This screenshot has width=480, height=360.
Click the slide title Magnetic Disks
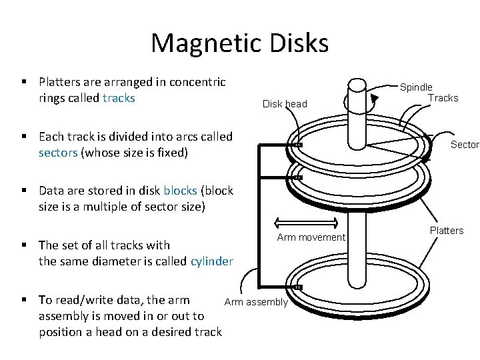coord(240,43)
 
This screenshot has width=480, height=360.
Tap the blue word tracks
coord(119,99)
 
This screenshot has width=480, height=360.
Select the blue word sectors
coord(58,153)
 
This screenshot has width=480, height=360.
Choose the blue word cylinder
coord(212,261)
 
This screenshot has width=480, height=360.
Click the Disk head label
coord(285,104)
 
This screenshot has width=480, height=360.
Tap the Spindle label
coord(416,87)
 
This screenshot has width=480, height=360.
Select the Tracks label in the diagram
coord(443,98)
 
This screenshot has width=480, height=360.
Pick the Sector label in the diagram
coord(465,145)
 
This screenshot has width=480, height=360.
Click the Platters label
coord(446,231)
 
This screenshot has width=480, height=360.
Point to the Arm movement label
coord(311,238)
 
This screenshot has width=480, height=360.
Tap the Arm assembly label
coord(256,303)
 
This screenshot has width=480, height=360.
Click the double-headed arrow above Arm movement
coord(303,222)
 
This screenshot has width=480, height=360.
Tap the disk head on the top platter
coord(299,145)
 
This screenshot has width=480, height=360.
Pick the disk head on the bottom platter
coord(299,287)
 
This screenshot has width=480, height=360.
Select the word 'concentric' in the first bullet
coord(199,83)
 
